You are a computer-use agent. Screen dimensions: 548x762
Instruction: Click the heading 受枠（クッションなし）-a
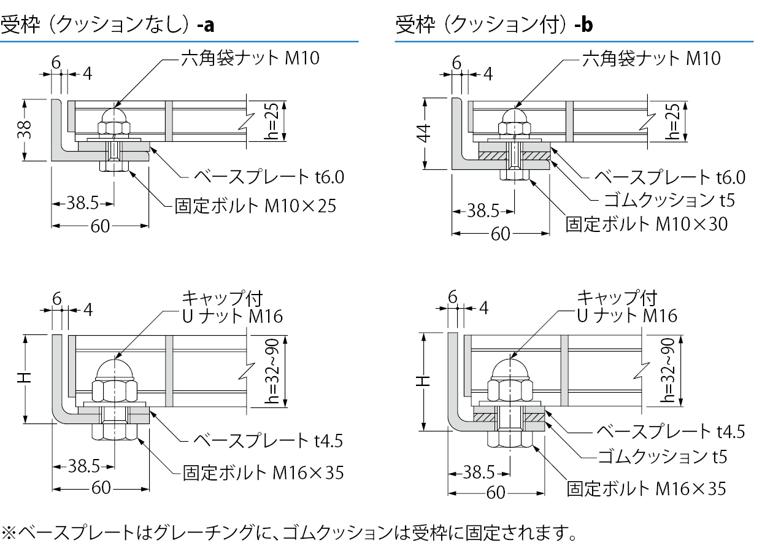tap(107, 25)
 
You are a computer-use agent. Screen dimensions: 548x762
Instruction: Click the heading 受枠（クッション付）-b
tap(494, 25)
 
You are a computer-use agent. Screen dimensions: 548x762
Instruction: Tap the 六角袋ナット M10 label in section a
tap(250, 58)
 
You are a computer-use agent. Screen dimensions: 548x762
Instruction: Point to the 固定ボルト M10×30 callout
tap(647, 224)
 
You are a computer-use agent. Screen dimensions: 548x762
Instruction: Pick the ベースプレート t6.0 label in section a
tap(269, 177)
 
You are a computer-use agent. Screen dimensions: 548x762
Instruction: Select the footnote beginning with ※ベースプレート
tap(288, 531)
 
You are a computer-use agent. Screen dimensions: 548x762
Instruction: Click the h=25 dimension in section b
tap(671, 122)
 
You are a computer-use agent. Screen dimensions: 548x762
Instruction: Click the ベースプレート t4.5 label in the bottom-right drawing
tap(671, 431)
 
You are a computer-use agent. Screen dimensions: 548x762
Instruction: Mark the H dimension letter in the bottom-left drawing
tap(24, 379)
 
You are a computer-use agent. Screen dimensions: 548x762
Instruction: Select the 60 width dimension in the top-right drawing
tap(501, 234)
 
